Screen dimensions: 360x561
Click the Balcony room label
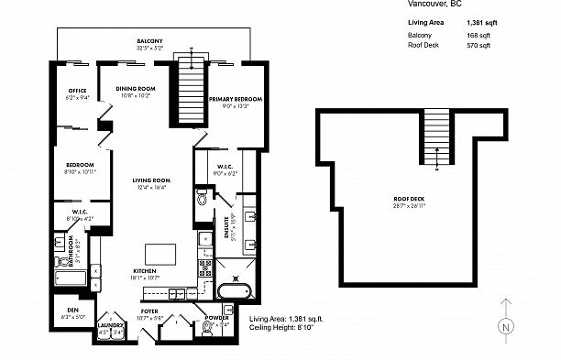pos(149,42)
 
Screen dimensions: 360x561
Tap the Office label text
pos(77,90)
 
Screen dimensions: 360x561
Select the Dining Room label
pos(139,89)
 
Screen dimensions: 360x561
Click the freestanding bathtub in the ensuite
pos(234,292)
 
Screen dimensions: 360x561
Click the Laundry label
pos(111,325)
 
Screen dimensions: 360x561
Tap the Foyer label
pos(149,311)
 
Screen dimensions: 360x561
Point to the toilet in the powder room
pos(208,326)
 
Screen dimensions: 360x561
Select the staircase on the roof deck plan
pos(438,137)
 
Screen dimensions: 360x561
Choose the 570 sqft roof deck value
pos(479,45)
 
